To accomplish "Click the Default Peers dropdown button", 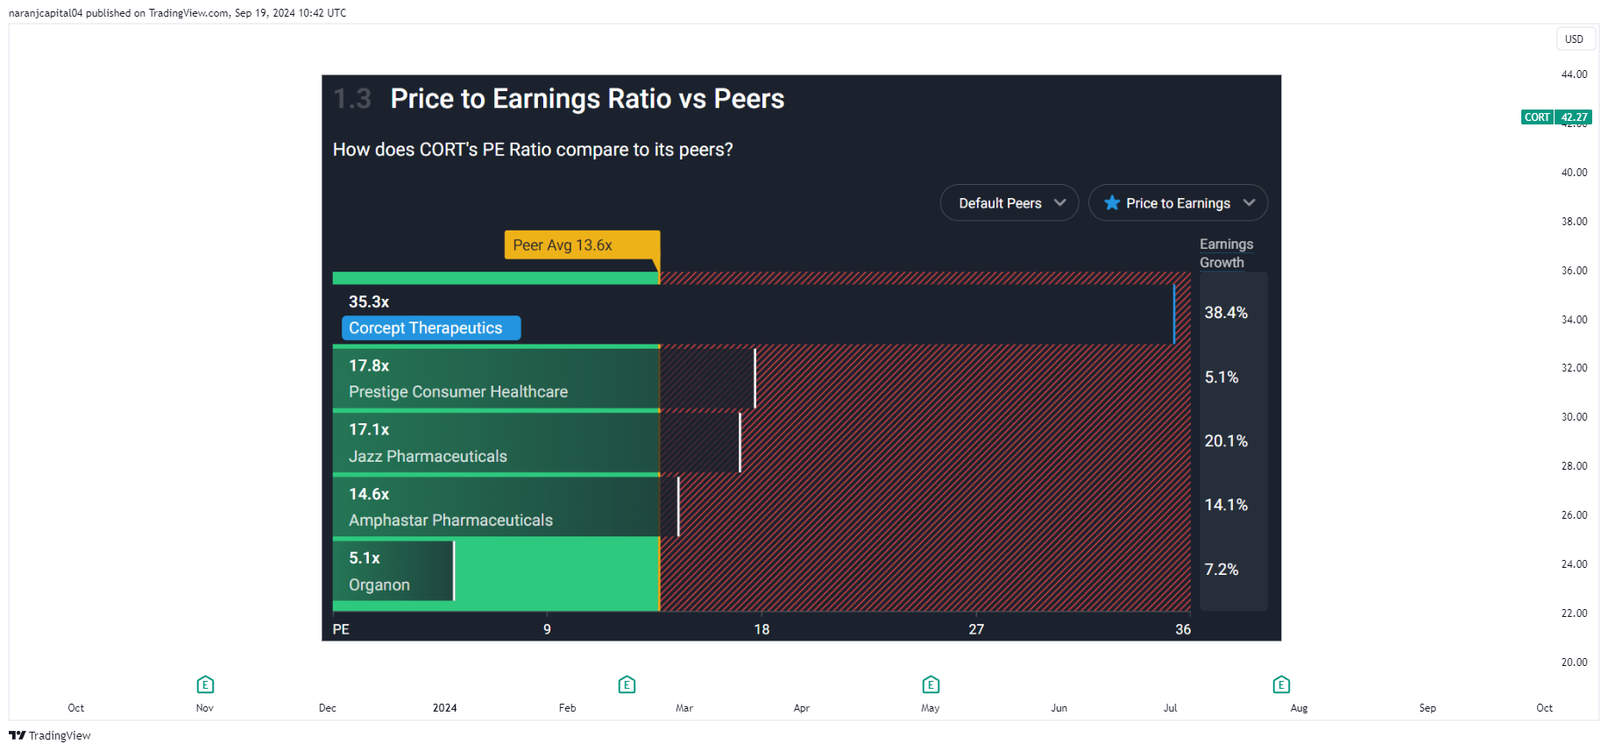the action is pos(1009,202).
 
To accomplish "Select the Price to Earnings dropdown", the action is pos(1178,202).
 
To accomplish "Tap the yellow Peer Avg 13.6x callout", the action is pos(582,245).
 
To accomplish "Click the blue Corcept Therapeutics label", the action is pos(431,328).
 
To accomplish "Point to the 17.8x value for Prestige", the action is pos(369,365).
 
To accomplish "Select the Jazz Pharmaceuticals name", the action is pos(428,457).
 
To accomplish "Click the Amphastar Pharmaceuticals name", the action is pos(450,521).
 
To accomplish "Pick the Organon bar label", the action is pos(379,585).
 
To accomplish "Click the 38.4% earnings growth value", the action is pos(1226,313).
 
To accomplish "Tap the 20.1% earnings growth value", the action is pos(1226,441).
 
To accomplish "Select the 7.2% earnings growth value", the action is pos(1222,570).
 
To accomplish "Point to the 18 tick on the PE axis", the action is pos(761,629).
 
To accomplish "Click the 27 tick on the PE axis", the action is pos(976,629).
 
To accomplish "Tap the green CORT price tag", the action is pos(1556,117).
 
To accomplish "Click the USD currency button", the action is pos(1574,39).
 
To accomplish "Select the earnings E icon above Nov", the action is pos(205,684).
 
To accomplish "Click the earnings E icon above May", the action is pos(931,684).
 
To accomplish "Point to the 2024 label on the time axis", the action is pos(444,708).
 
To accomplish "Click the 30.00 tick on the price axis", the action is pos(1574,417).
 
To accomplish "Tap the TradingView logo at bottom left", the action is pos(50,735).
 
